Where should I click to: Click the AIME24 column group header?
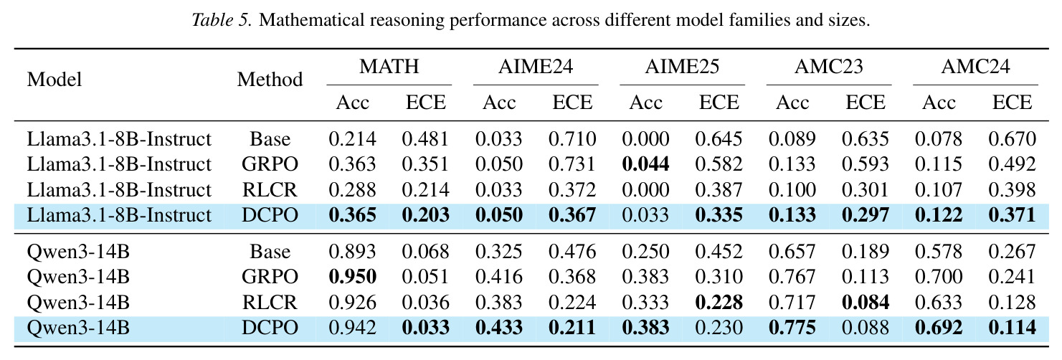[535, 67]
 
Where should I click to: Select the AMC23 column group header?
[829, 67]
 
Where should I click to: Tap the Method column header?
[270, 79]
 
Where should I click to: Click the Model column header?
[54, 79]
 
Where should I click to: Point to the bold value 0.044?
[645, 164]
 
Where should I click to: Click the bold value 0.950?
[352, 277]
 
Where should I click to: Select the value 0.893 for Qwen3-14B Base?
[352, 252]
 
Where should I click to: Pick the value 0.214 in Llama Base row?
[352, 139]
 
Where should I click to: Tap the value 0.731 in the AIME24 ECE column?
[572, 164]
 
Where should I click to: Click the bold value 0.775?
[792, 328]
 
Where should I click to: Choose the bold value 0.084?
[866, 303]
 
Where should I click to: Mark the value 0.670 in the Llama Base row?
[1012, 139]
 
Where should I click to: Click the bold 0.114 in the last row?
[1012, 328]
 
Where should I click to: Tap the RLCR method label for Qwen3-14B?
[270, 303]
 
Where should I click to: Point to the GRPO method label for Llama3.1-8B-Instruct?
[270, 164]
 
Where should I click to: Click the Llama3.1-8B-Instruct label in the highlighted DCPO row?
[119, 215]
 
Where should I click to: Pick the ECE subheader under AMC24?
[1012, 103]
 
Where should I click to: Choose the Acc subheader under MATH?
[352, 103]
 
